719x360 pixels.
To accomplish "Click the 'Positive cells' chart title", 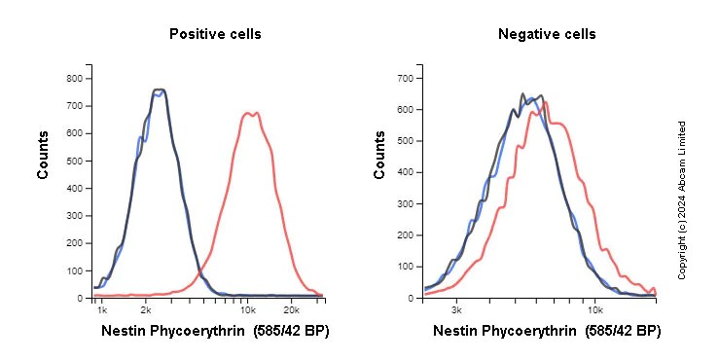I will [x=215, y=34].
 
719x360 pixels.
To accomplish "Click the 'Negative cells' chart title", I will [x=547, y=34].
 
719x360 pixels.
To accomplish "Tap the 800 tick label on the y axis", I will [x=74, y=78].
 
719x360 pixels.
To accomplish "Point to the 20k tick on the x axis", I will [x=290, y=308].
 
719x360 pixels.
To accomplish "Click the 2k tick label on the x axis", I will [x=146, y=308].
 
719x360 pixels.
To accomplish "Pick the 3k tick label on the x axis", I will [x=456, y=308].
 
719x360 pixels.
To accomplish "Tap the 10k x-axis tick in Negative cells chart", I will [x=594, y=308].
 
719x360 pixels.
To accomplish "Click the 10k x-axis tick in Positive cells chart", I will [x=247, y=308].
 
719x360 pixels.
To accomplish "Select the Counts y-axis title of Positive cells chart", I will [x=43, y=155].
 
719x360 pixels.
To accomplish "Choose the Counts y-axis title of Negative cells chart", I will [x=380, y=155].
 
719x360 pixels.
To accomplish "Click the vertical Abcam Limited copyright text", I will [x=682, y=199].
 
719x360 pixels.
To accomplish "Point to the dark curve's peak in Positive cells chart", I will [x=160, y=90].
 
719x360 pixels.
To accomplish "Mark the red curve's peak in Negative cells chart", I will [x=545, y=101].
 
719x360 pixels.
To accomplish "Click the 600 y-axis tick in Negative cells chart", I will [x=407, y=109].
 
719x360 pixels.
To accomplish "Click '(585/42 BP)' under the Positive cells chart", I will [x=291, y=331].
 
